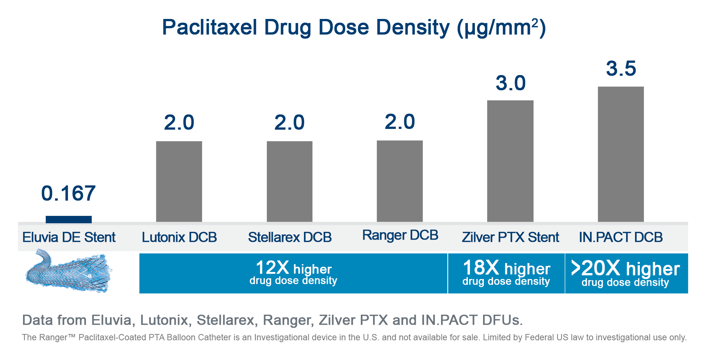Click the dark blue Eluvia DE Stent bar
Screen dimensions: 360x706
click(x=69, y=220)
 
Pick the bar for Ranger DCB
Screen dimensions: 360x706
click(x=400, y=181)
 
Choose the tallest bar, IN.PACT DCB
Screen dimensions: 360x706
click(x=621, y=154)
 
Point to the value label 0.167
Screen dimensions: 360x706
click(x=68, y=193)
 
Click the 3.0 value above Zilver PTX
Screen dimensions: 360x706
click(x=511, y=83)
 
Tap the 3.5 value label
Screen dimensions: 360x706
click(x=621, y=68)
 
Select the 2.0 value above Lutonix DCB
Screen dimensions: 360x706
click(x=179, y=122)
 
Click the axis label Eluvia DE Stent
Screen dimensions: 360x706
click(x=69, y=237)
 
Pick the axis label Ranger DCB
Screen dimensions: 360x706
click(x=400, y=235)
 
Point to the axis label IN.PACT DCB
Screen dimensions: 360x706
click(x=621, y=237)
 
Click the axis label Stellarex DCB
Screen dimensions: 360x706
click(x=290, y=237)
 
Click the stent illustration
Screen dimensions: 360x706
click(x=68, y=272)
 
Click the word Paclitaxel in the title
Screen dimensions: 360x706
click(x=210, y=27)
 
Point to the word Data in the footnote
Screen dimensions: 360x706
click(x=38, y=320)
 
